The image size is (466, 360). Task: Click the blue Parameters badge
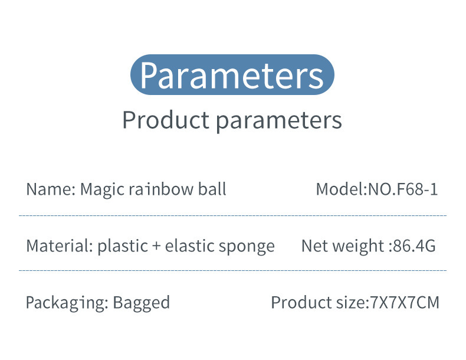(232, 74)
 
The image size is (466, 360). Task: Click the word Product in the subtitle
(166, 120)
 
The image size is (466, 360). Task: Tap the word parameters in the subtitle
(279, 122)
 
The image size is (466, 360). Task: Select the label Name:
(51, 189)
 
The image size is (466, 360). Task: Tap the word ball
(212, 189)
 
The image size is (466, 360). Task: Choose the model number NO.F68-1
(403, 189)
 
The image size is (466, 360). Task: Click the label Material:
(60, 246)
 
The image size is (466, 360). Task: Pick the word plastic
(123, 247)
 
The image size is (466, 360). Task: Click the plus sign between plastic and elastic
(156, 247)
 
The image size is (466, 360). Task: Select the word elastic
(189, 246)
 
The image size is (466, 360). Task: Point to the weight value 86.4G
(414, 246)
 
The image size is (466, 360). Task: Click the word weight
(358, 247)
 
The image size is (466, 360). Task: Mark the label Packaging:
(67, 303)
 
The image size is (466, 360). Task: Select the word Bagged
(142, 303)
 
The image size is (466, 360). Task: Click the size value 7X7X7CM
(404, 303)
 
